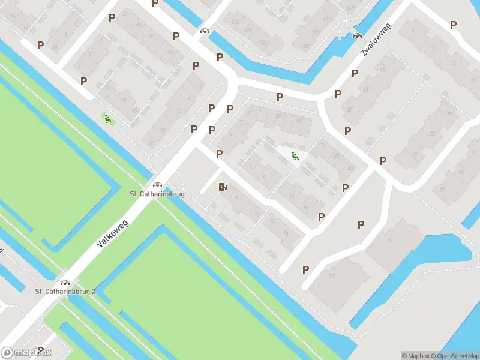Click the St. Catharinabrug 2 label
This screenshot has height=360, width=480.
(x=65, y=292)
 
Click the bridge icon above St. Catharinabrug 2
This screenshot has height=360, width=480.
(x=65, y=282)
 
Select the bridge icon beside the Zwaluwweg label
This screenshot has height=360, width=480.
(x=358, y=35)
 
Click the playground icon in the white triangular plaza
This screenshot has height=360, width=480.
(x=295, y=157)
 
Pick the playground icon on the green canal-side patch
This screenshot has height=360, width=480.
(x=108, y=119)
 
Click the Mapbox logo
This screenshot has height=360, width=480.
(x=26, y=353)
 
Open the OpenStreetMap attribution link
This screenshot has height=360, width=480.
(x=455, y=356)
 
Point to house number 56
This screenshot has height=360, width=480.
(x=298, y=120)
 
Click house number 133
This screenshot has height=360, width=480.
(x=235, y=22)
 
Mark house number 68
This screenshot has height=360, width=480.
(x=382, y=70)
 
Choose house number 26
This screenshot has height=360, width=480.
(x=415, y=154)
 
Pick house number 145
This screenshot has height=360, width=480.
(x=328, y=18)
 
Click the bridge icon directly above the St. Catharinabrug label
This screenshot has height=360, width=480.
(x=158, y=185)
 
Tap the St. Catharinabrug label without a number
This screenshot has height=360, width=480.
(x=157, y=194)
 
